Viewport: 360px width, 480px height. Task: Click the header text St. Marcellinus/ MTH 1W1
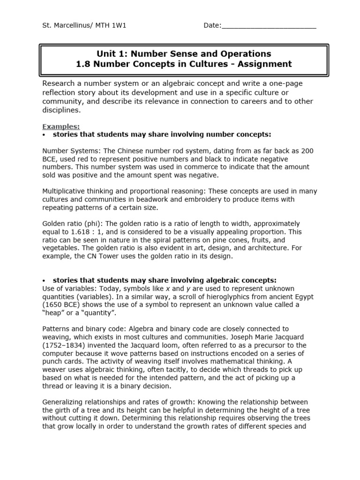84,25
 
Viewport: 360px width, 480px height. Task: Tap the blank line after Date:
269,26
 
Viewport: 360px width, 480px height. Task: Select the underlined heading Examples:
61,127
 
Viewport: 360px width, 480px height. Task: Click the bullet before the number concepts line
44,135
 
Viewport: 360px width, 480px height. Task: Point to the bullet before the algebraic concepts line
44,280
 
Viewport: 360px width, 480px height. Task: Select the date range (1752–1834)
65,345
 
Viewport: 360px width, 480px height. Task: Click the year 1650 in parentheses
52,305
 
